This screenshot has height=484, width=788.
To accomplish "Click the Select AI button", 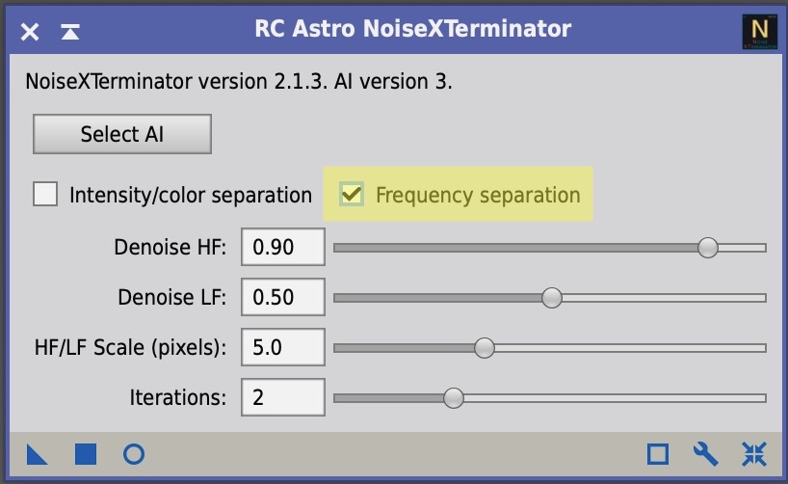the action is (x=122, y=134).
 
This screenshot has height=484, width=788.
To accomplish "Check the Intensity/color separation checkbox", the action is (x=45, y=194).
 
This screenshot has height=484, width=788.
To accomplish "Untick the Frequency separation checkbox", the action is (x=352, y=194).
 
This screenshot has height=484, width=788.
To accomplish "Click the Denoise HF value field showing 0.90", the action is (x=283, y=247).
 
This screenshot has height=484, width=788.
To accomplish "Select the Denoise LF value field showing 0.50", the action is (x=283, y=297).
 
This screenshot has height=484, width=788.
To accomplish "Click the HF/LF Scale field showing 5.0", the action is (x=283, y=347).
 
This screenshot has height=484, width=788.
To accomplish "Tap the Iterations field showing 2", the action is (x=283, y=397).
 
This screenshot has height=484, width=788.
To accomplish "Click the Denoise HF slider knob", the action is (x=708, y=248).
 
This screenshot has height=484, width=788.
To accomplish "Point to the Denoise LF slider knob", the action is (x=552, y=298).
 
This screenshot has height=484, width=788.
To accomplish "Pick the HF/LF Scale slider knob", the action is (x=485, y=348).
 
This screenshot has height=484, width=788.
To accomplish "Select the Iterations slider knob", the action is (x=454, y=398).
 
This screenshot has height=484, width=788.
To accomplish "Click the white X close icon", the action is (x=30, y=32).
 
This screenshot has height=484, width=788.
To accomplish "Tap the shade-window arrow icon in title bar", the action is (x=70, y=32).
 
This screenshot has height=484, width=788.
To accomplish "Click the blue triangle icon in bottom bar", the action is (x=37, y=454).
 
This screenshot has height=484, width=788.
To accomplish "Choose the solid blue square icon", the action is (x=86, y=454).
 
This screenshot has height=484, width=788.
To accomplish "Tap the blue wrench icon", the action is (x=705, y=454).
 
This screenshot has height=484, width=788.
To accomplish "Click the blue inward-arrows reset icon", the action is (x=754, y=454).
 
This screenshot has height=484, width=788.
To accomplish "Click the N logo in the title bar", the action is (x=760, y=32).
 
